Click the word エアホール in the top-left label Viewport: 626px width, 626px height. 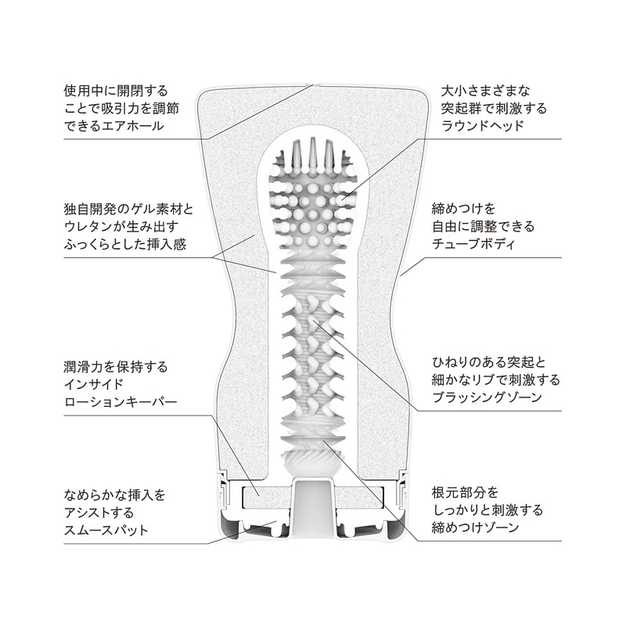pos(138,125)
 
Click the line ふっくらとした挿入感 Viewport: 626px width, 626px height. pos(127,243)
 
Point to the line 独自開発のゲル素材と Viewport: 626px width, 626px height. pos(127,209)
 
